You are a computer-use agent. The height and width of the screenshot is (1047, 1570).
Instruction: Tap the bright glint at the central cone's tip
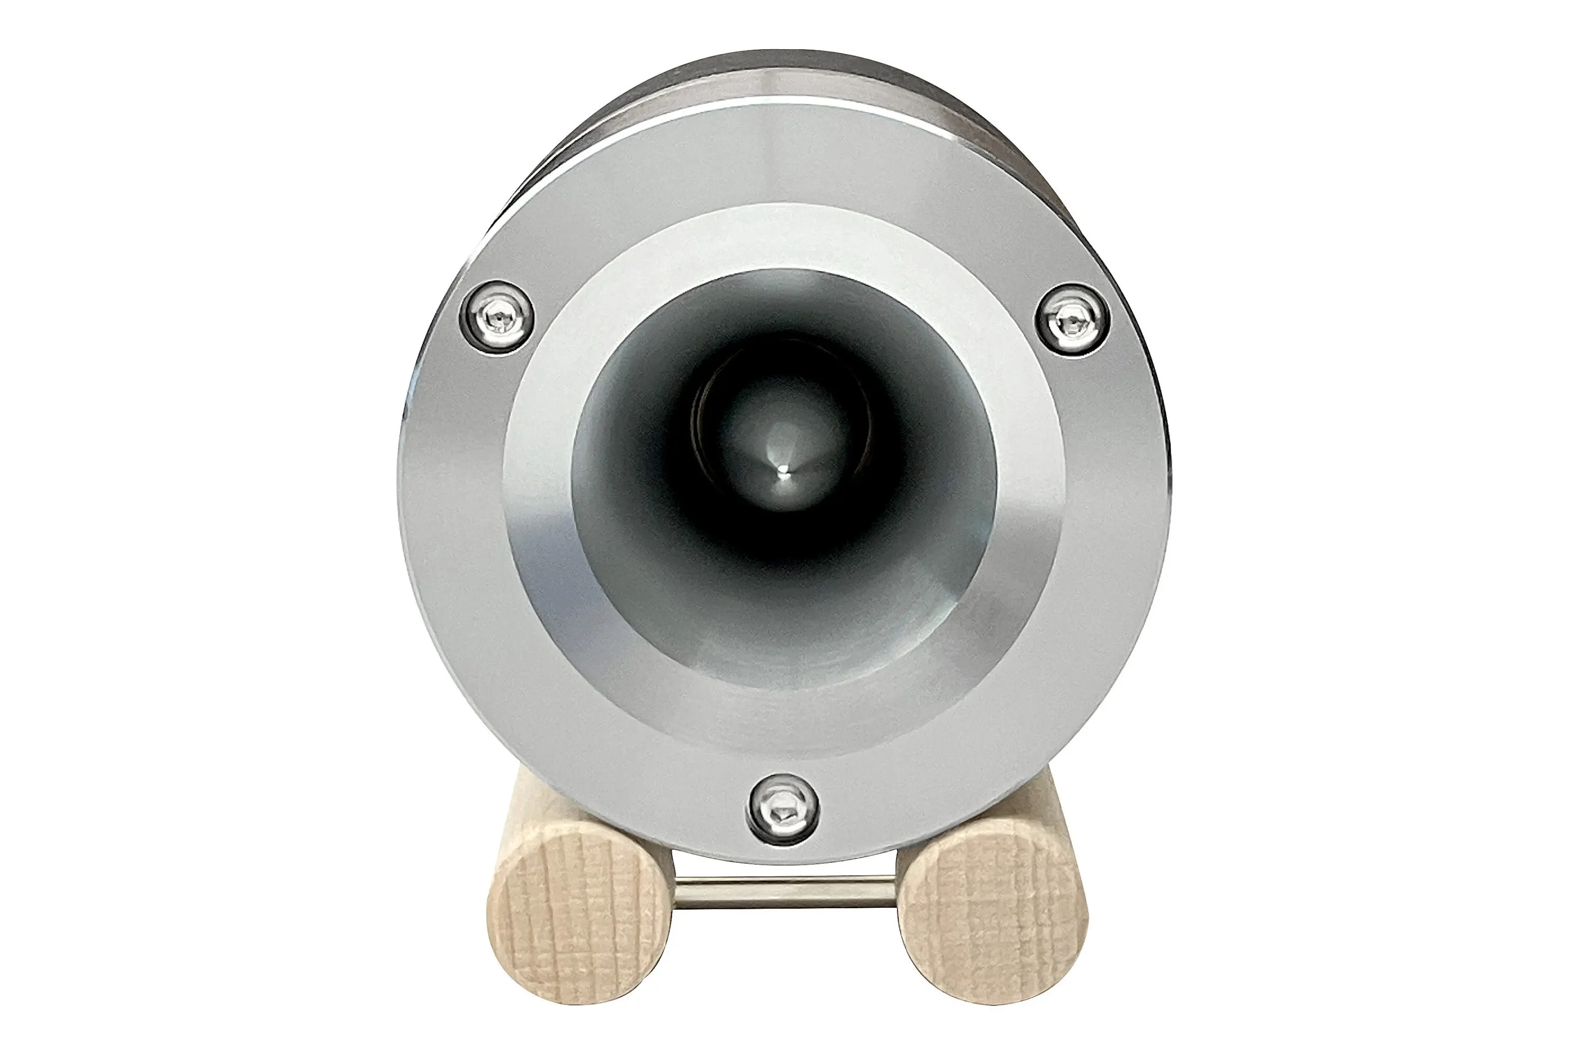783,475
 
